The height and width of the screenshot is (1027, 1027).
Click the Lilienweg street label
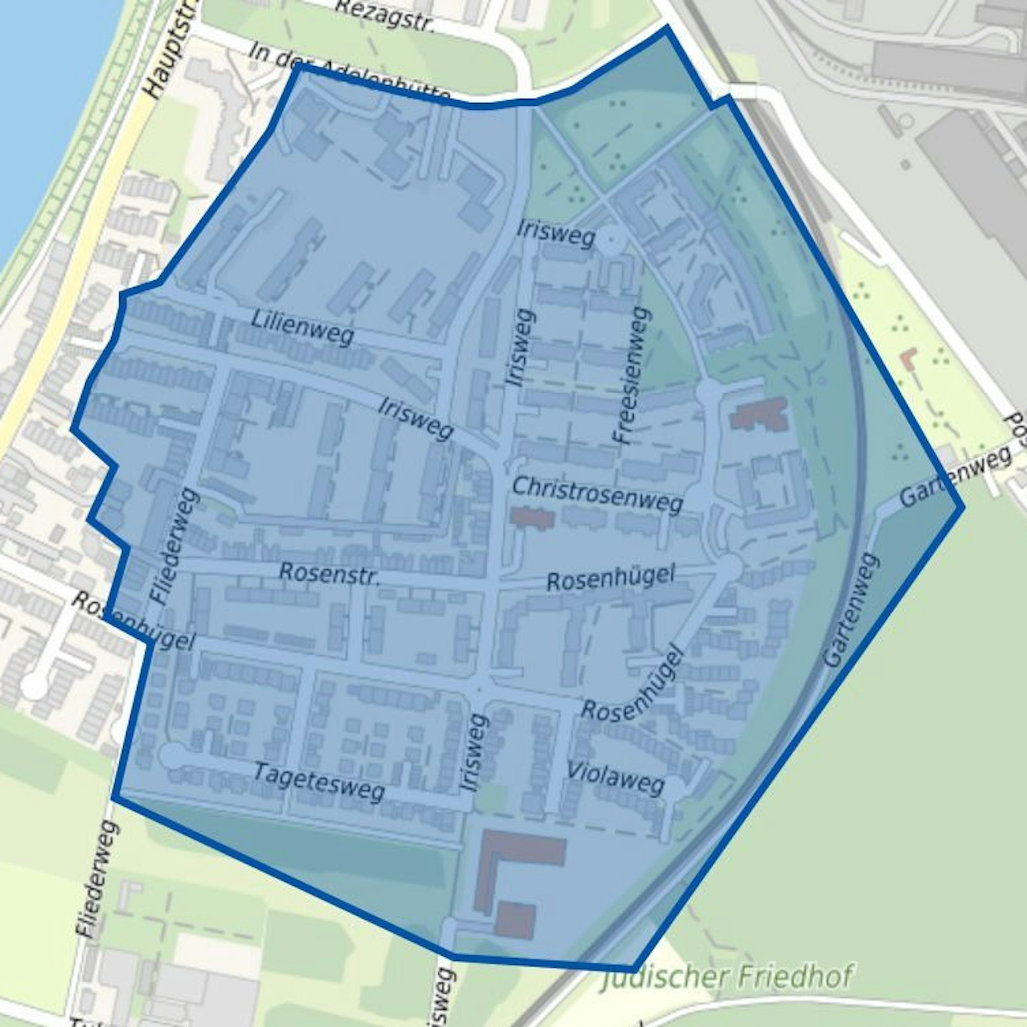(x=302, y=328)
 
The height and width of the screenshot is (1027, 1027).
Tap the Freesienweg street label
(x=632, y=375)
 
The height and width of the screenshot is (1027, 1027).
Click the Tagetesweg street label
(x=318, y=782)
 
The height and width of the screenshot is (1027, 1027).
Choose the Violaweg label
(x=616, y=778)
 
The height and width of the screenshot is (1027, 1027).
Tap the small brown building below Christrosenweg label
(x=532, y=517)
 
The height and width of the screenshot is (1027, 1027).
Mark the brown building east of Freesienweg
(x=758, y=413)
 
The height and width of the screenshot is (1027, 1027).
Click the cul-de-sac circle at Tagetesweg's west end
(x=172, y=755)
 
